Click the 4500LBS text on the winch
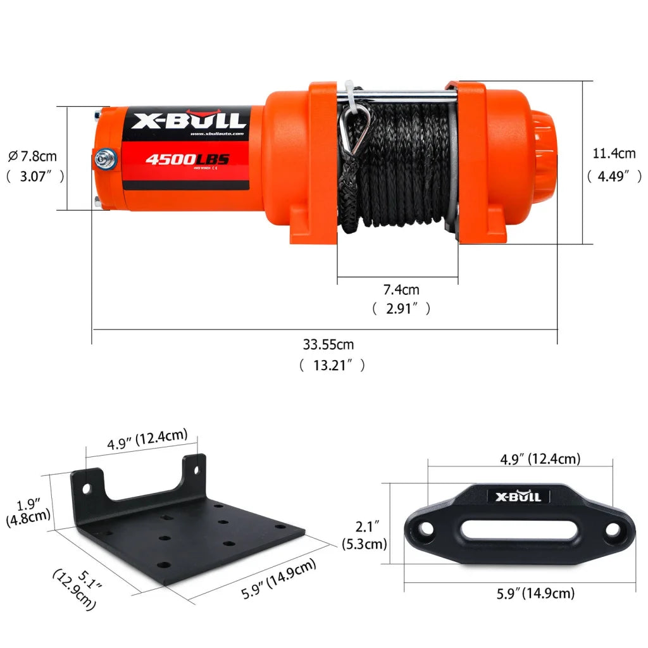pos(187,159)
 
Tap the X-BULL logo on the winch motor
pos(189,120)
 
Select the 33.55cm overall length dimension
pos(328,345)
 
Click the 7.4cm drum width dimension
pos(401,290)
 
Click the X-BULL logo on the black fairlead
pos(518,496)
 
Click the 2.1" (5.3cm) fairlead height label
pos(364,535)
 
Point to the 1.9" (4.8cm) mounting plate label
pos(27,512)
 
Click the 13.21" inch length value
pos(332,365)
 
